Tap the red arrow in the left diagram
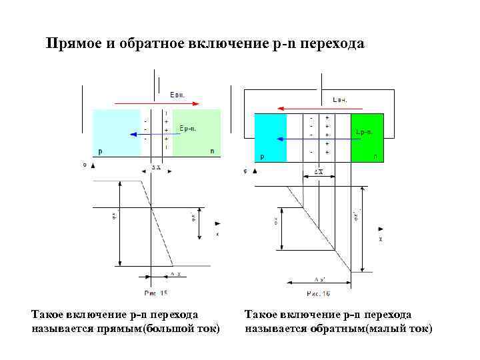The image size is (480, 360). [156, 103]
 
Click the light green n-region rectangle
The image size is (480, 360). [196, 133]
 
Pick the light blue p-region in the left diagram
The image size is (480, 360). [116, 133]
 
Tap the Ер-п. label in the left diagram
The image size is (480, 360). [187, 127]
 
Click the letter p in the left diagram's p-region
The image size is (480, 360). [101, 151]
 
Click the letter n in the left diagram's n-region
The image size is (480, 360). [212, 151]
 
